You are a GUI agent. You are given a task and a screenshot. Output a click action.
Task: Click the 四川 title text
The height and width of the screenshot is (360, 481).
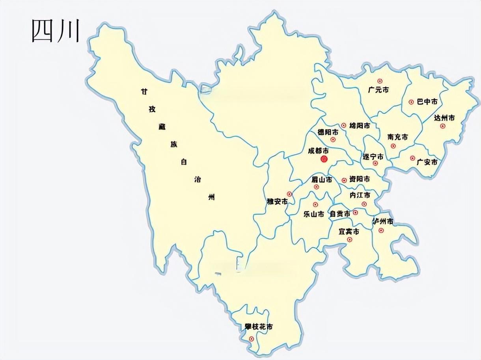tap(56, 31)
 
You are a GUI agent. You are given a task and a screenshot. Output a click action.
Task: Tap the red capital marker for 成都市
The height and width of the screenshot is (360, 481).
tap(324, 159)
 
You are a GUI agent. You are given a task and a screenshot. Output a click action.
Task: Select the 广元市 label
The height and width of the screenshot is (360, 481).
tap(378, 90)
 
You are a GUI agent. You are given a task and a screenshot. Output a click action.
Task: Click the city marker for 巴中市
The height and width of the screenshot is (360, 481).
tap(411, 102)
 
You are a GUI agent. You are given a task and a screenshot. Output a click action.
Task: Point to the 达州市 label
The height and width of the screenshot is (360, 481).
tap(444, 118)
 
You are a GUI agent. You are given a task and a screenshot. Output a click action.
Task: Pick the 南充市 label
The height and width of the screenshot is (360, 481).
tap(398, 137)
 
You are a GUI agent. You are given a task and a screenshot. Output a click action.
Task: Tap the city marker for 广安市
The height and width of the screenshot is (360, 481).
tap(412, 158)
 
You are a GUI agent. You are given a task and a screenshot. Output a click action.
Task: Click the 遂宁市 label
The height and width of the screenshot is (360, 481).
tap(373, 156)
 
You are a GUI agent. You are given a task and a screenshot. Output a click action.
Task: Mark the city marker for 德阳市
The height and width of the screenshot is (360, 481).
tap(333, 139)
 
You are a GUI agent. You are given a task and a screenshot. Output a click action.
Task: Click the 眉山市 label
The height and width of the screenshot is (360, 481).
tap(321, 180)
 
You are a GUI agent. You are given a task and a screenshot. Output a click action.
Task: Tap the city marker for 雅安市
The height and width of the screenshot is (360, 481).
tap(289, 194)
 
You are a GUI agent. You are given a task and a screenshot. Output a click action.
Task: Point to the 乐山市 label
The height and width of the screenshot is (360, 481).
tap(314, 214)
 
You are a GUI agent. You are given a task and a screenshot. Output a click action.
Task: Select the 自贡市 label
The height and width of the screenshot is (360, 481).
tap(339, 214)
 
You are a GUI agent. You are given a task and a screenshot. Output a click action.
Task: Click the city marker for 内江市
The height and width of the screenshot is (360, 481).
tap(364, 204)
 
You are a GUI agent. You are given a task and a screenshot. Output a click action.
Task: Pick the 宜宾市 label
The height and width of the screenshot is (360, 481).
tap(349, 232)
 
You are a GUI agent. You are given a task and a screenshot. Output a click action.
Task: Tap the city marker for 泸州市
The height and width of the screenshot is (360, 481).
tap(381, 230)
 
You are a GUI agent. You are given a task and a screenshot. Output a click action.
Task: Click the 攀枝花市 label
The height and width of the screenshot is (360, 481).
tap(258, 327)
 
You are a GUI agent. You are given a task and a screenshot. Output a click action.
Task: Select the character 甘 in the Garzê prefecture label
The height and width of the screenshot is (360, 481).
tap(145, 91)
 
